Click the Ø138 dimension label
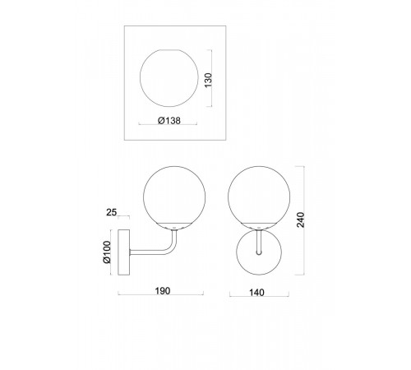169,120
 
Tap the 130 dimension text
209,80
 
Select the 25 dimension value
112,212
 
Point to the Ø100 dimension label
107,252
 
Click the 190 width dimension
163,291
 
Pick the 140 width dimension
256,293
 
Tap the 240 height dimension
301,220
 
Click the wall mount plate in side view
123,252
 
